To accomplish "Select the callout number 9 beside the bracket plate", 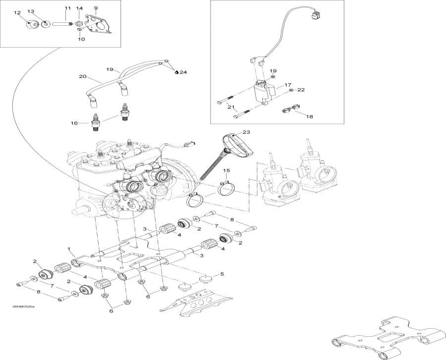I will (x=96, y=8).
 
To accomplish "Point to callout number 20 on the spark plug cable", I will (x=83, y=76).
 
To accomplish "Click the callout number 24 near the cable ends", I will (x=183, y=72).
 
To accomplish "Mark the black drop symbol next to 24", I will (x=177, y=72).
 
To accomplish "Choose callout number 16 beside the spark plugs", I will (x=75, y=123).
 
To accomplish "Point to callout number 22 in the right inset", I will (x=301, y=90).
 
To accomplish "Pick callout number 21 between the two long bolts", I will (x=231, y=107).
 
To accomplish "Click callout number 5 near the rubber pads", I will (x=222, y=274).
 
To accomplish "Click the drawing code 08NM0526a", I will (x=23, y=307).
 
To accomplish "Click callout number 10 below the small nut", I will (x=82, y=39).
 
